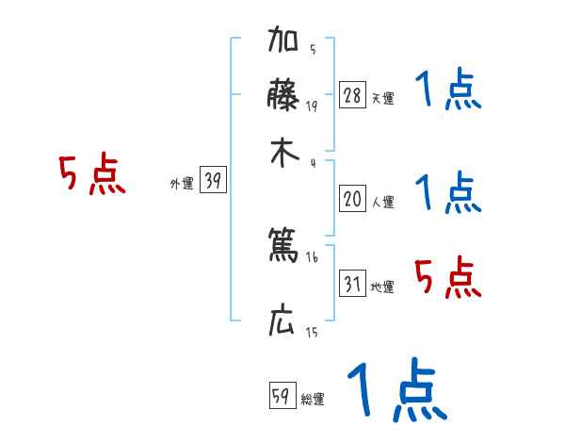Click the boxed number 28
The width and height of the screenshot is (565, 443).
pyautogui.click(x=352, y=95)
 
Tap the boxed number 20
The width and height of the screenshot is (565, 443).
pyautogui.click(x=352, y=199)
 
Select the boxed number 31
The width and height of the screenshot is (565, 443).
pyautogui.click(x=352, y=284)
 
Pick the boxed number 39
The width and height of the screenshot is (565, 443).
pyautogui.click(x=213, y=182)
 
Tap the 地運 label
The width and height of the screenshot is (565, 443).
pyautogui.click(x=382, y=287)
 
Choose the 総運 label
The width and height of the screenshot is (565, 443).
pyautogui.click(x=313, y=400)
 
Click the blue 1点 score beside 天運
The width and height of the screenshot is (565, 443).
pyautogui.click(x=447, y=91)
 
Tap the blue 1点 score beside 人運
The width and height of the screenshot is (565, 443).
pyautogui.click(x=447, y=193)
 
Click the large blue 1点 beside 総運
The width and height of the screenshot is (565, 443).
pyautogui.click(x=395, y=389)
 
